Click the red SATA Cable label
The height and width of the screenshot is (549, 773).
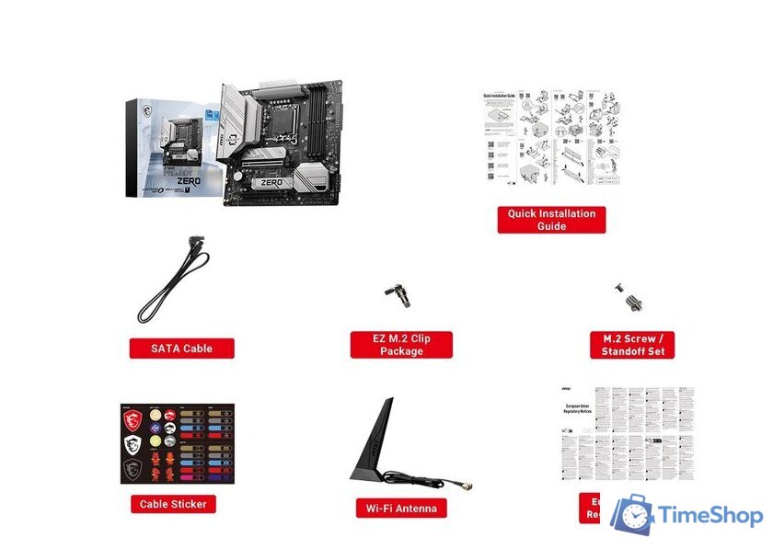181,349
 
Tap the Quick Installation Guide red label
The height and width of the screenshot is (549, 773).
551,219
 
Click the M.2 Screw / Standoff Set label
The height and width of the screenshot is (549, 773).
632,345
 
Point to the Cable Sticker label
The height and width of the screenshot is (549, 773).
173,504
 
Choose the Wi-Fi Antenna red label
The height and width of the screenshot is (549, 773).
401,508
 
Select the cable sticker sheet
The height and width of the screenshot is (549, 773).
177,443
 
